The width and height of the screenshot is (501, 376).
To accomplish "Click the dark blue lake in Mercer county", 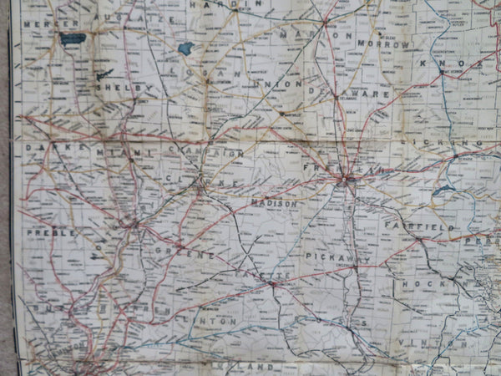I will (x=73, y=38).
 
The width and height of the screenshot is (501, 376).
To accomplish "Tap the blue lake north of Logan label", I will (x=185, y=48).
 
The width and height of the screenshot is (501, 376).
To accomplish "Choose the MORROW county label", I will (x=383, y=43).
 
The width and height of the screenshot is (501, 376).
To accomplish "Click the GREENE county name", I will (x=185, y=248).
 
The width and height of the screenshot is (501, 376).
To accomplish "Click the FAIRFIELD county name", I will (x=419, y=226).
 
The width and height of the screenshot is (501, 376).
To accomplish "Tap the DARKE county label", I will (x=47, y=147).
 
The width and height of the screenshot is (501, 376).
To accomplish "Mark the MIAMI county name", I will (x=114, y=152).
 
